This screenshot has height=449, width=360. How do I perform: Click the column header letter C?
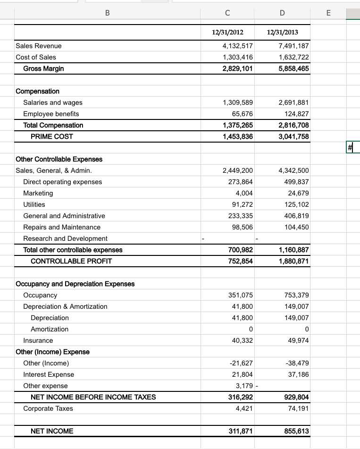(228, 14)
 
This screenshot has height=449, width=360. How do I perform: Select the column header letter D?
(282, 14)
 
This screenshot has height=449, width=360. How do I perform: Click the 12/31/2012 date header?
(228, 32)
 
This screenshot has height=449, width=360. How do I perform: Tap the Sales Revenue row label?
(39, 46)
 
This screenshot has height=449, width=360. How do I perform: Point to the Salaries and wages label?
(53, 102)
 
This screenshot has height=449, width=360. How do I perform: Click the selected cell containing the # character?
(352, 148)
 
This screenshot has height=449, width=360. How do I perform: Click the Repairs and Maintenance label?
(62, 227)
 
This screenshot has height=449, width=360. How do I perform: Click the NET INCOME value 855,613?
(296, 431)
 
